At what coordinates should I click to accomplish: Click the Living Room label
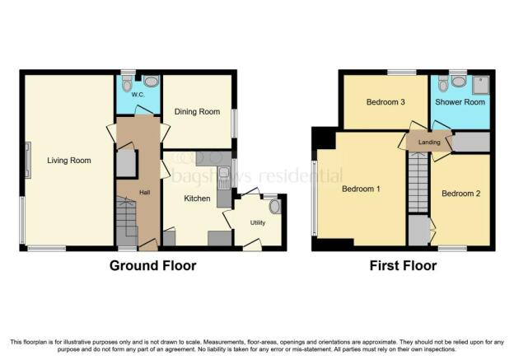pyautogui.click(x=69, y=161)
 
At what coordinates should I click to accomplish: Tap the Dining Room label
pyautogui.click(x=197, y=112)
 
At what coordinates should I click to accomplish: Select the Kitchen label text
pyautogui.click(x=197, y=199)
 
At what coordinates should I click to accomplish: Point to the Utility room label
pyautogui.click(x=258, y=222)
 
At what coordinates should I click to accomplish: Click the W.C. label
pyautogui.click(x=138, y=95)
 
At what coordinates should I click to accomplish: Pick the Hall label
pyautogui.click(x=145, y=193)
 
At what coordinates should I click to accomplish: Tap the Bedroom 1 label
pyautogui.click(x=361, y=189)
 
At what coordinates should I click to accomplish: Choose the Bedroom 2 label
pyautogui.click(x=461, y=194)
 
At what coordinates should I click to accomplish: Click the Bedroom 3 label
pyautogui.click(x=385, y=102)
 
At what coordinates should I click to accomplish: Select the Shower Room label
pyautogui.click(x=460, y=102)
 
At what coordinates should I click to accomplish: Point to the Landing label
pyautogui.click(x=429, y=143)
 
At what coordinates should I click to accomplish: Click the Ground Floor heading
pyautogui.click(x=152, y=265)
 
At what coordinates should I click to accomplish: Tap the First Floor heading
pyautogui.click(x=403, y=265)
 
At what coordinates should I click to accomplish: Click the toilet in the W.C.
pyautogui.click(x=127, y=83)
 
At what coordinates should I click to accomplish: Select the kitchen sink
pyautogui.click(x=224, y=178)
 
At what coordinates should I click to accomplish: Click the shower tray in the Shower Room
pyautogui.click(x=481, y=85)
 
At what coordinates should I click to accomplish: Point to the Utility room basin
pyautogui.click(x=275, y=207)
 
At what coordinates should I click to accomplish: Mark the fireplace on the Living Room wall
pyautogui.click(x=28, y=160)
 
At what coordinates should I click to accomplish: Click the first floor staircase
pyautogui.click(x=418, y=183)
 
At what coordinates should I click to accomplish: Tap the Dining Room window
pyautogui.click(x=234, y=124)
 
